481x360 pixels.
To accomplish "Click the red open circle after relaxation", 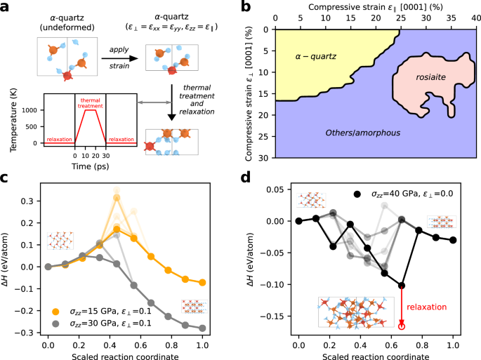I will tap(402, 326).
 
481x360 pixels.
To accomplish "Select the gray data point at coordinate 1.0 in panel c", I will tap(202, 328).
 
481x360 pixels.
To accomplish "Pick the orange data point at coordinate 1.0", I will tap(202, 282).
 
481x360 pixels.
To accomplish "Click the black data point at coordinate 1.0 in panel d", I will tap(453, 240).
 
